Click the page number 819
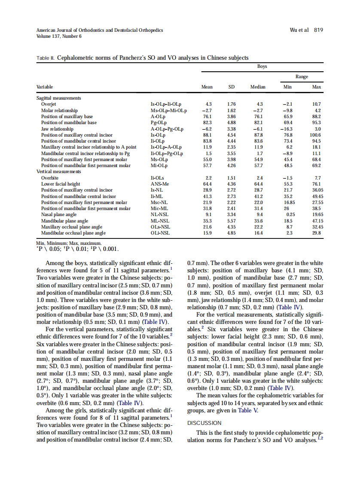[318, 30]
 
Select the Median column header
[258, 87]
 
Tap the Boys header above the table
[262, 66]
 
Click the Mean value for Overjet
[209, 104]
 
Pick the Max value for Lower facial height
[317, 184]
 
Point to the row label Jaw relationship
[57, 128]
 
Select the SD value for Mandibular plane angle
[231, 221]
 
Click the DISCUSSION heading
[204, 423]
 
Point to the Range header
[301, 76]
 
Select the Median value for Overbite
[259, 178]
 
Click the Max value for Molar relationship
[318, 110]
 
